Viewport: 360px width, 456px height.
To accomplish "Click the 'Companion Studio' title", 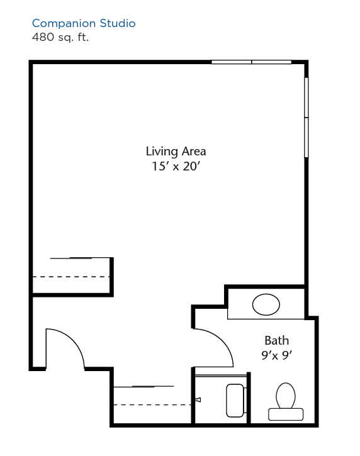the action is tap(84, 23).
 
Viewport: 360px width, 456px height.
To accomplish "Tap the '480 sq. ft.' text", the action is tap(60, 37).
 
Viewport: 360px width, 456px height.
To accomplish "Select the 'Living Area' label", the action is tap(176, 152).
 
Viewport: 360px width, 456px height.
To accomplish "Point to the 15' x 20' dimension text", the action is tap(176, 166).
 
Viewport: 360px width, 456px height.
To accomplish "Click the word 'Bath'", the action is tap(276, 340).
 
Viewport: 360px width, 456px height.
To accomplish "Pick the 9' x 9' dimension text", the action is tap(276, 355).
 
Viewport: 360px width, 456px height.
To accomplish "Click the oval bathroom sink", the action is tap(266, 304).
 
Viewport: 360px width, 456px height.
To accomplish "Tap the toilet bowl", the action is tap(286, 396).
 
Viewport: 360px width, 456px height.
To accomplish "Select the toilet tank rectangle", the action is tap(286, 414).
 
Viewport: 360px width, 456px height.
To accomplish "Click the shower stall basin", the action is tap(235, 401).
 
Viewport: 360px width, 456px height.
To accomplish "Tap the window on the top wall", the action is tap(252, 62).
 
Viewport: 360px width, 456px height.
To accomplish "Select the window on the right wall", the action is tap(306, 118).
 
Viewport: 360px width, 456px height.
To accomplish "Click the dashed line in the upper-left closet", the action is tap(70, 277).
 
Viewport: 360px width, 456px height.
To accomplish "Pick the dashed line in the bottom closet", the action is tap(152, 404).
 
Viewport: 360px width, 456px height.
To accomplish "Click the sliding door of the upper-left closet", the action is tap(80, 258).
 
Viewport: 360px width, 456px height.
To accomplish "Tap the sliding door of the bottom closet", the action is tap(143, 386).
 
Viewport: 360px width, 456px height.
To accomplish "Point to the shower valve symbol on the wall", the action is tap(198, 400).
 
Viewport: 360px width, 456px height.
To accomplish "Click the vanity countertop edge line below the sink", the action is tap(266, 319).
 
